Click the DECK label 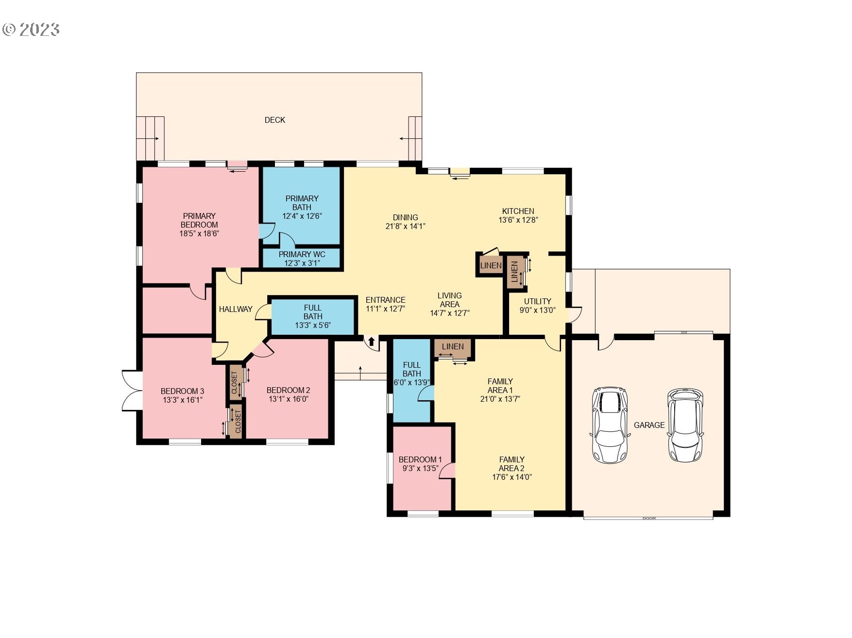(x=274, y=120)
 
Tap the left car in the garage (x=610, y=425)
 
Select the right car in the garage (x=685, y=425)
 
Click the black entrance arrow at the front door (x=372, y=342)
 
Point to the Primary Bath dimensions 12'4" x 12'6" (x=302, y=216)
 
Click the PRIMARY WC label (x=302, y=254)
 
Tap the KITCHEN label (x=518, y=211)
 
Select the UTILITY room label (x=537, y=301)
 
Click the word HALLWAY (x=236, y=309)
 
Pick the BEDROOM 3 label (x=182, y=391)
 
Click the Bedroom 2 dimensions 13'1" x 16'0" (x=289, y=399)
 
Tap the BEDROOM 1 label (x=420, y=459)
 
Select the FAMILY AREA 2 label (x=511, y=464)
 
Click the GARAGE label (x=649, y=425)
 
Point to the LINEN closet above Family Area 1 (x=453, y=346)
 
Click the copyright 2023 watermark (x=31, y=30)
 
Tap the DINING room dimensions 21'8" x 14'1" (x=405, y=226)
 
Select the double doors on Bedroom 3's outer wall (x=131, y=391)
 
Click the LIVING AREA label (x=449, y=300)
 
